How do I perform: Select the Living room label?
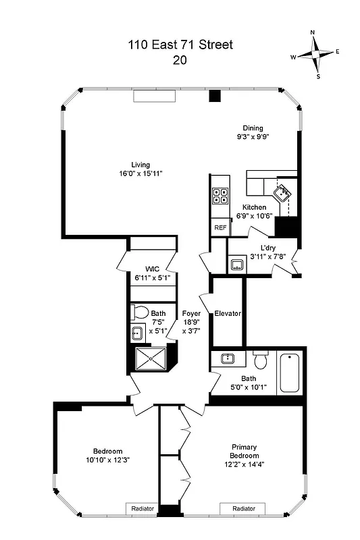click(140, 165)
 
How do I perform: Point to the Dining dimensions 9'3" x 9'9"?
click(253, 137)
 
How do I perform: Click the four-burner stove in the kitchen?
click(220, 196)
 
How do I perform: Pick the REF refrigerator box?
click(220, 228)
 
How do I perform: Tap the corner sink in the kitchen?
click(284, 192)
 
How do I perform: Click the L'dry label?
click(261, 248)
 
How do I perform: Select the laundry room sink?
click(237, 264)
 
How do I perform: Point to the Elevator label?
click(228, 314)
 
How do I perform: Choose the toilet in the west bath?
click(140, 313)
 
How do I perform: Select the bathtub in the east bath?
click(289, 372)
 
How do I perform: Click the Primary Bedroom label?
click(244, 452)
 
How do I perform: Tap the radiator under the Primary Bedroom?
click(242, 508)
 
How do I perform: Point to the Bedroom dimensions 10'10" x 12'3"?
click(107, 460)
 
